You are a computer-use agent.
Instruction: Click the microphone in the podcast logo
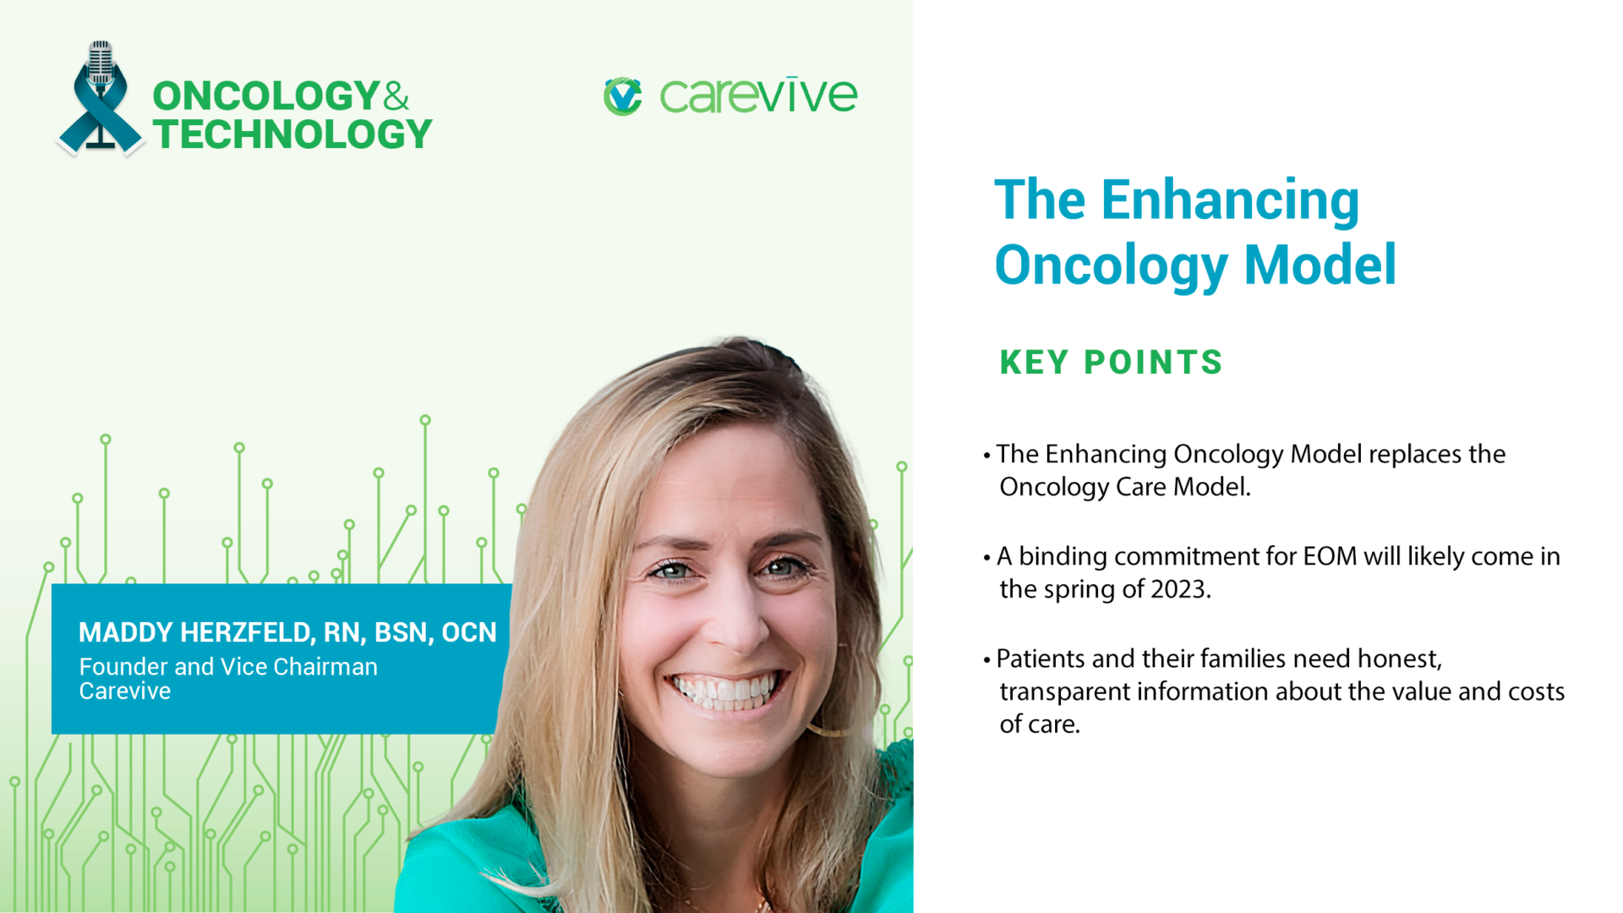click(101, 63)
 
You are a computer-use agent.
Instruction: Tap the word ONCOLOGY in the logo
click(265, 96)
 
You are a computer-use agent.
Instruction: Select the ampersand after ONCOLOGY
click(396, 96)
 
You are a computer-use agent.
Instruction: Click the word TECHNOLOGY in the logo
click(292, 135)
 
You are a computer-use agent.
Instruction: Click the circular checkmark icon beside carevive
click(623, 96)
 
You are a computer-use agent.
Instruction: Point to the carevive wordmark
click(758, 96)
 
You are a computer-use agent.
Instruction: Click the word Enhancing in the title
click(1230, 201)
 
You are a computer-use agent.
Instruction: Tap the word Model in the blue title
click(1320, 265)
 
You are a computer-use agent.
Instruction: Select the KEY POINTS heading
click(1111, 363)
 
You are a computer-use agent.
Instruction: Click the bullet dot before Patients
click(986, 659)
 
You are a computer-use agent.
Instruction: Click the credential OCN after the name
click(469, 632)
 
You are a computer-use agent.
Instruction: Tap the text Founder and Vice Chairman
click(228, 667)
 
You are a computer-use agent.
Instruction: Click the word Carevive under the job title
click(125, 692)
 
